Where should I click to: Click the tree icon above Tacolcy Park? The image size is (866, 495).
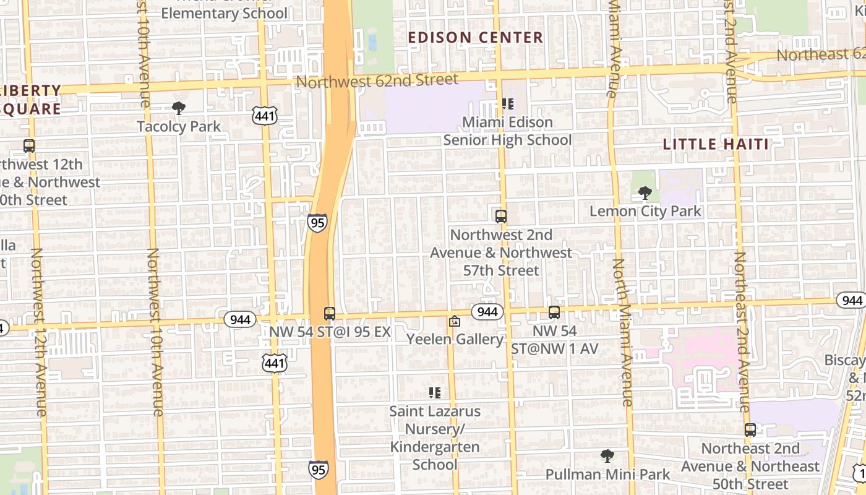click(x=179, y=108)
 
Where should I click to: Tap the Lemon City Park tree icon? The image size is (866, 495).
click(x=645, y=193)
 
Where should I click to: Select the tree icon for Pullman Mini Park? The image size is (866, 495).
click(x=607, y=457)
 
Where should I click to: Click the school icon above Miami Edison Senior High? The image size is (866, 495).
click(x=507, y=104)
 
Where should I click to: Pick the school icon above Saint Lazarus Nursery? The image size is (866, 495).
click(x=434, y=393)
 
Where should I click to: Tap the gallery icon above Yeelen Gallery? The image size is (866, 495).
click(x=455, y=321)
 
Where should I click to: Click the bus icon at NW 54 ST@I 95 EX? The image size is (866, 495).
click(x=330, y=314)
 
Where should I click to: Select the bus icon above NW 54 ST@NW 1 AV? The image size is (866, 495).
click(x=554, y=312)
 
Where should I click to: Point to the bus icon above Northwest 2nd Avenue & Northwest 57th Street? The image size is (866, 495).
click(x=501, y=217)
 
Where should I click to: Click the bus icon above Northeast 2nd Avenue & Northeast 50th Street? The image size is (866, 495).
click(x=750, y=430)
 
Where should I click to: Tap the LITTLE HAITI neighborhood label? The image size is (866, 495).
click(x=716, y=144)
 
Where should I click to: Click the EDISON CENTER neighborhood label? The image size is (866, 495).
click(x=476, y=38)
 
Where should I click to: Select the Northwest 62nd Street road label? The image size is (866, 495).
click(x=377, y=80)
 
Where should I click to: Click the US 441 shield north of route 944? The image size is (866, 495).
click(x=264, y=115)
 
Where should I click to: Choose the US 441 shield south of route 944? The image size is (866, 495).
click(x=274, y=363)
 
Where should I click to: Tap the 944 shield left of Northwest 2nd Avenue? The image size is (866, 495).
click(x=487, y=312)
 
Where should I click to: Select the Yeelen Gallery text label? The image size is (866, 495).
click(x=455, y=339)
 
